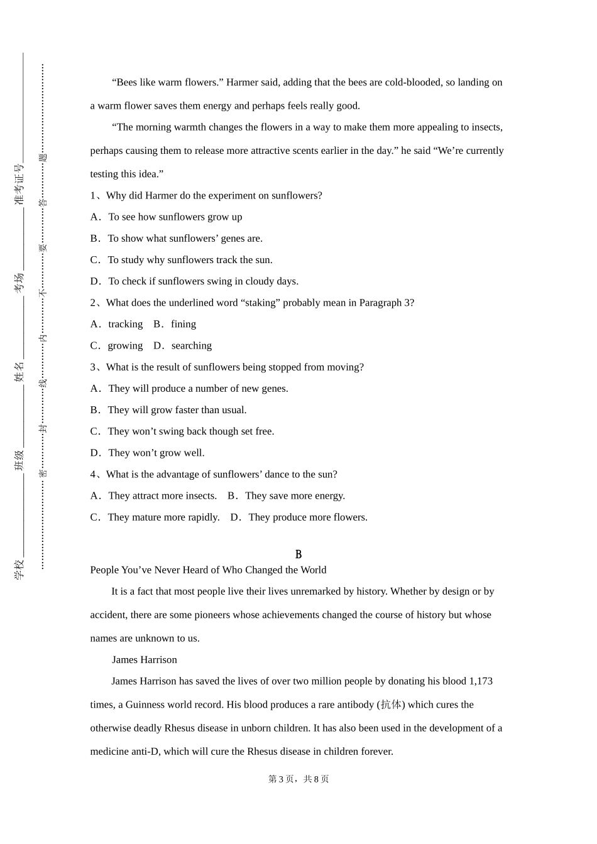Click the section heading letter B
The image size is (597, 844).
tap(298, 555)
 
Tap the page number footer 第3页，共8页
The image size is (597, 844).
tap(298, 779)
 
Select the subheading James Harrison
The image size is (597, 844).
tap(145, 659)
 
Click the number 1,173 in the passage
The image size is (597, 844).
tap(481, 681)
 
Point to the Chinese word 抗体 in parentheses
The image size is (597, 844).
tap(392, 705)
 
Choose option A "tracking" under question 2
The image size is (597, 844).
tap(125, 324)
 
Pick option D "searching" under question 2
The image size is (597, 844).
tap(191, 345)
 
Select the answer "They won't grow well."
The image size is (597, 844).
tap(156, 453)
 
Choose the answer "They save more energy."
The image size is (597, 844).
tap(295, 495)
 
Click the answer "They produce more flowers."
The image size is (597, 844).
tap(307, 517)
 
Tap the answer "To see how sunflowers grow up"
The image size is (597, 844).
tap(175, 217)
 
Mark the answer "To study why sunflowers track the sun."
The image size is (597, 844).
tap(190, 260)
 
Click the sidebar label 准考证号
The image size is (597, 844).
tap(19, 185)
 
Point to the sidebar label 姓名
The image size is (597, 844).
tap(19, 372)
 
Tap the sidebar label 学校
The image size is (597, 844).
tap(19, 569)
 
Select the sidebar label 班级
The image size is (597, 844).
tap(19, 460)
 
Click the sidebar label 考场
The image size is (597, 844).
tap(19, 283)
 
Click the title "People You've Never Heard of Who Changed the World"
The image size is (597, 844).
tap(208, 570)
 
